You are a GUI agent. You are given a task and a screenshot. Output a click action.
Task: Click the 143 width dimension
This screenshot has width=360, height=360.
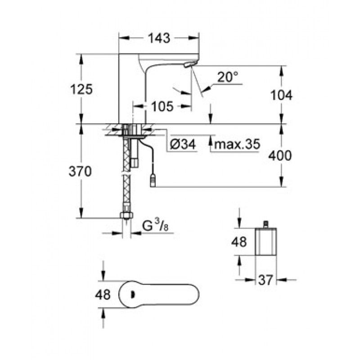point(159,38)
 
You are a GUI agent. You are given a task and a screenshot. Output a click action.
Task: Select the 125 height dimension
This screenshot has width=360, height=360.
point(81,89)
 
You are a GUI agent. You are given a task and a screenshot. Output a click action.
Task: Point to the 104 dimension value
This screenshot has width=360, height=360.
point(281,95)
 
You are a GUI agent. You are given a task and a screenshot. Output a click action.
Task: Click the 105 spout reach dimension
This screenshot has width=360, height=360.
point(162,106)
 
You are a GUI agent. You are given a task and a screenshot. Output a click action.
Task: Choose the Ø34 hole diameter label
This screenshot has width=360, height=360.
point(183,144)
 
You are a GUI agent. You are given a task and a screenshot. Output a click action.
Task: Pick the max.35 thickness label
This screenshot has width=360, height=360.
point(237,144)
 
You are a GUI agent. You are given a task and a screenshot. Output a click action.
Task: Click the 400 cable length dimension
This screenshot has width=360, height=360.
point(280,156)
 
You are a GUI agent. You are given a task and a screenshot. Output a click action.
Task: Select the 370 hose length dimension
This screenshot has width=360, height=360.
point(80,171)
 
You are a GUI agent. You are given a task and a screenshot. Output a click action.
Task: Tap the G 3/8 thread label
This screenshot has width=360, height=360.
point(155,226)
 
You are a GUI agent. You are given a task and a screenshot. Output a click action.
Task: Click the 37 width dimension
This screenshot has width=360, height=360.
point(266,280)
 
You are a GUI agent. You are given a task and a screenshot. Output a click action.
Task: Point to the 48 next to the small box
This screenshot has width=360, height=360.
point(239,242)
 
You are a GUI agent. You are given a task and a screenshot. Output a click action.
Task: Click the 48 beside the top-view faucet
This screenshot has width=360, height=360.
point(103,294)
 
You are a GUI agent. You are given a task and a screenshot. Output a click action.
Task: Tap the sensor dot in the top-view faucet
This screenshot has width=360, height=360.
point(132,294)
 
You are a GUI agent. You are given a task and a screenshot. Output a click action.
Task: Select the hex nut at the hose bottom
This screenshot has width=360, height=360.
point(126,215)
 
